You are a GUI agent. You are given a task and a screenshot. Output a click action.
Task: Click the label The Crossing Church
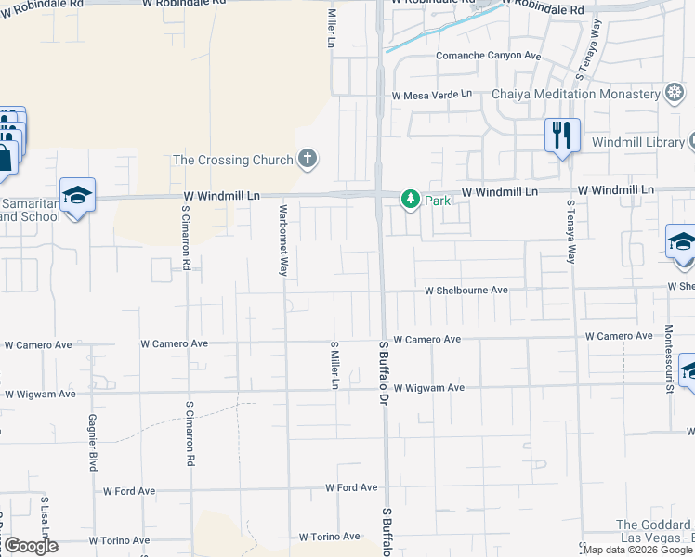point(232,160)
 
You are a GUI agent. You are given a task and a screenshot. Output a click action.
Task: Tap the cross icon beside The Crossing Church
point(308,160)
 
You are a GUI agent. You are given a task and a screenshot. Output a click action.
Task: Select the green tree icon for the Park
point(410,199)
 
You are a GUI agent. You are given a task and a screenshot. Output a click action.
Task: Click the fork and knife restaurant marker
point(562,135)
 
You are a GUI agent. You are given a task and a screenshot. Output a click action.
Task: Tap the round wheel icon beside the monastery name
point(675,94)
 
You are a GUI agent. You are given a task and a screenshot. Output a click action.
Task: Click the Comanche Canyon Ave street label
point(489,56)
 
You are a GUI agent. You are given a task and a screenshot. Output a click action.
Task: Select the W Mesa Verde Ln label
point(431,95)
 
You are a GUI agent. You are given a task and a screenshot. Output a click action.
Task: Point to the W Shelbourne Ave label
point(466,291)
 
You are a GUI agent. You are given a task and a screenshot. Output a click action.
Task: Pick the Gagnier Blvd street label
point(92,442)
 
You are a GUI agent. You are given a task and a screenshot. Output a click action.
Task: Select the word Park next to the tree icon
point(438,200)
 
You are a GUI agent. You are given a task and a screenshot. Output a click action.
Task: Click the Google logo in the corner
point(31,546)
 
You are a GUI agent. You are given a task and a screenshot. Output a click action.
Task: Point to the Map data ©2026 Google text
point(638,550)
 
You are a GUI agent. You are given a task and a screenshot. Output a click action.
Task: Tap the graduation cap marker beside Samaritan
point(78,196)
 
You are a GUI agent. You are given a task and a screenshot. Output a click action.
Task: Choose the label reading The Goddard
point(654,525)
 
